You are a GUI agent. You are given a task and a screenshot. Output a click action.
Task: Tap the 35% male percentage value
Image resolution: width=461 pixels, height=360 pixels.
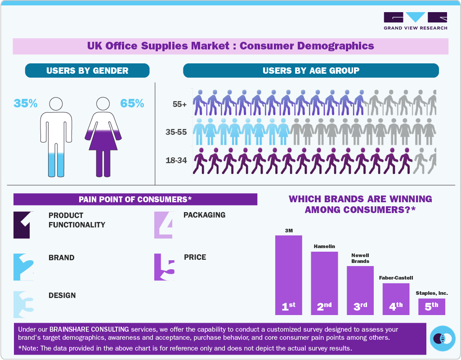26,103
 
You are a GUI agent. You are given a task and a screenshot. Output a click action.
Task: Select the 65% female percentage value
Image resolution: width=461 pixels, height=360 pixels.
132,103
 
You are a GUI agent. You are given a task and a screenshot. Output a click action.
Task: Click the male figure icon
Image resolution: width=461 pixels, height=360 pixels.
56,137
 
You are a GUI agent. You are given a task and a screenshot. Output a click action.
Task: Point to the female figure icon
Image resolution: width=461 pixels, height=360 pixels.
103,137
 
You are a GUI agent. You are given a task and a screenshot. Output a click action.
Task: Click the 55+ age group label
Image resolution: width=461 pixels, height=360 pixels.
179,104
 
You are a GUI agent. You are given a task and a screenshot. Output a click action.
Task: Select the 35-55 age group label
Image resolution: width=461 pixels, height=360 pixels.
177,132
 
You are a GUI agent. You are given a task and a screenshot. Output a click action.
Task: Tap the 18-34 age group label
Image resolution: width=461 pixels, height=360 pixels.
177,160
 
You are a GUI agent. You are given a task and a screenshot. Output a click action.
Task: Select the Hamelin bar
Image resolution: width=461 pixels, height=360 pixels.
324,283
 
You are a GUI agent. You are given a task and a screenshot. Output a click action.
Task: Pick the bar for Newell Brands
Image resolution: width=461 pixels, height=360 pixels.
360,290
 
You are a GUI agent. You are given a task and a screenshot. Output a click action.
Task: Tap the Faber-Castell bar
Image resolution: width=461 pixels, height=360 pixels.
396,298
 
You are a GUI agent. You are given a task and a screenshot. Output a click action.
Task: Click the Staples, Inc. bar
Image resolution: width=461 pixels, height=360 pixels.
432,307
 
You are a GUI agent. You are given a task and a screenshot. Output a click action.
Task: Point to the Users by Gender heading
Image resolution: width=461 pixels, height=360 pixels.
87,71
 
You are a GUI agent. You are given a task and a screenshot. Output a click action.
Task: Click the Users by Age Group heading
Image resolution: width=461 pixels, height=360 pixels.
311,71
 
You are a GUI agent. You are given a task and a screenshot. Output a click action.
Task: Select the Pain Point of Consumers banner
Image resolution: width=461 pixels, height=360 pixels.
135,199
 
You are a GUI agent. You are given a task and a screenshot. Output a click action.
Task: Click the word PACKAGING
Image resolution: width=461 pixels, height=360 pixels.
204,215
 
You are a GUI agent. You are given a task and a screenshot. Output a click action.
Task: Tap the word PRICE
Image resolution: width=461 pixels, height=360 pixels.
195,257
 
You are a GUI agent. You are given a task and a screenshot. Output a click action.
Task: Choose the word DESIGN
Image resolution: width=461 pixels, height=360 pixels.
62,295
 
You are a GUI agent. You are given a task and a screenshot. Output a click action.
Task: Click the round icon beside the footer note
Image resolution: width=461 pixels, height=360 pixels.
443,338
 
